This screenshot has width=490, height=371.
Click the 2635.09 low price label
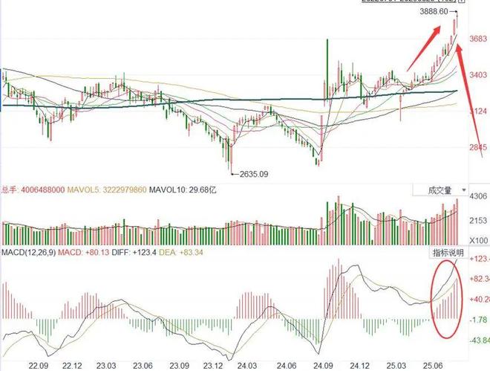(x=253, y=175)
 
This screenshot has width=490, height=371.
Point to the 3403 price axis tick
(x=478, y=75)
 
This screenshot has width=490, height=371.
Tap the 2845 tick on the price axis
(x=478, y=148)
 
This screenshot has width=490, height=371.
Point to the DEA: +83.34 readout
(x=183, y=254)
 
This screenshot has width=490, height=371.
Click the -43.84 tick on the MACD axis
(x=478, y=341)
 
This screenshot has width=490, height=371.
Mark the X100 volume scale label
(x=479, y=241)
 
